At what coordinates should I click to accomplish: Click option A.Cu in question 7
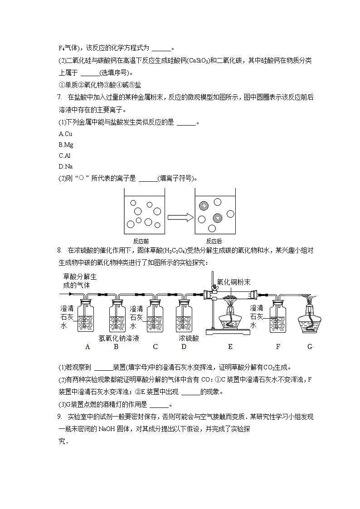click(x=65, y=134)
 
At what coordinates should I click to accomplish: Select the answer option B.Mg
click(x=66, y=145)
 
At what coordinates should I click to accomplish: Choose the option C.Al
click(x=65, y=155)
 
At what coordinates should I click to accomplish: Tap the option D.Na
click(x=66, y=166)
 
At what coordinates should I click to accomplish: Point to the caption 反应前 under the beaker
click(x=139, y=241)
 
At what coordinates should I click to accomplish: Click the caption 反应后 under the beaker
click(x=214, y=241)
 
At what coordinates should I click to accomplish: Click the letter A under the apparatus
click(x=88, y=347)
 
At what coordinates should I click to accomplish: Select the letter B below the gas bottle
click(x=116, y=347)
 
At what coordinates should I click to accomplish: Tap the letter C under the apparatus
click(x=155, y=347)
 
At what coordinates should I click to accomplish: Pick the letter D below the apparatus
click(x=184, y=347)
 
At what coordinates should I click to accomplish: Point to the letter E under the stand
click(x=230, y=347)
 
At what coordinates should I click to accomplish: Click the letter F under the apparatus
click(x=278, y=347)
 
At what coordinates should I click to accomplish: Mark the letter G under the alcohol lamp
click(x=310, y=347)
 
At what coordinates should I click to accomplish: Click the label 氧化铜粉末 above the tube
click(x=234, y=282)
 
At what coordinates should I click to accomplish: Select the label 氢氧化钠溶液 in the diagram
click(x=119, y=338)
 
